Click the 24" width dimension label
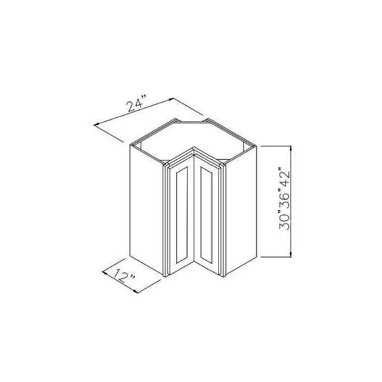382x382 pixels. point(133,105)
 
